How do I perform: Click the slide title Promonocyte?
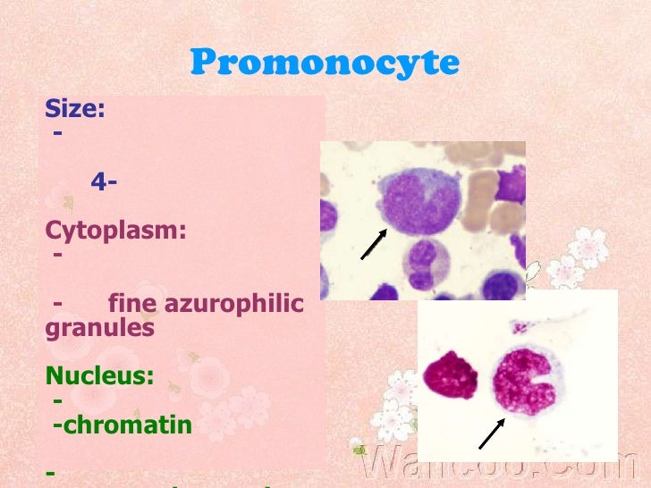[x=325, y=63]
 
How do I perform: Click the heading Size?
[x=75, y=110]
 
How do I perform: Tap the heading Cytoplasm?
[x=115, y=231]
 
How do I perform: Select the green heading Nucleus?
[x=99, y=376]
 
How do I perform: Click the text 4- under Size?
[x=106, y=182]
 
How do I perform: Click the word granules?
[x=99, y=327]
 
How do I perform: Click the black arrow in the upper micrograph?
[x=374, y=244]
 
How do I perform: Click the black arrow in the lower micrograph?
[x=491, y=433]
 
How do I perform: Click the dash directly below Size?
[x=58, y=133]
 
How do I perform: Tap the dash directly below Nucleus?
[x=57, y=401]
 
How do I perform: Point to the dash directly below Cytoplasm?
[x=58, y=255]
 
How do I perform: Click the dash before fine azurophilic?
[x=57, y=304]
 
